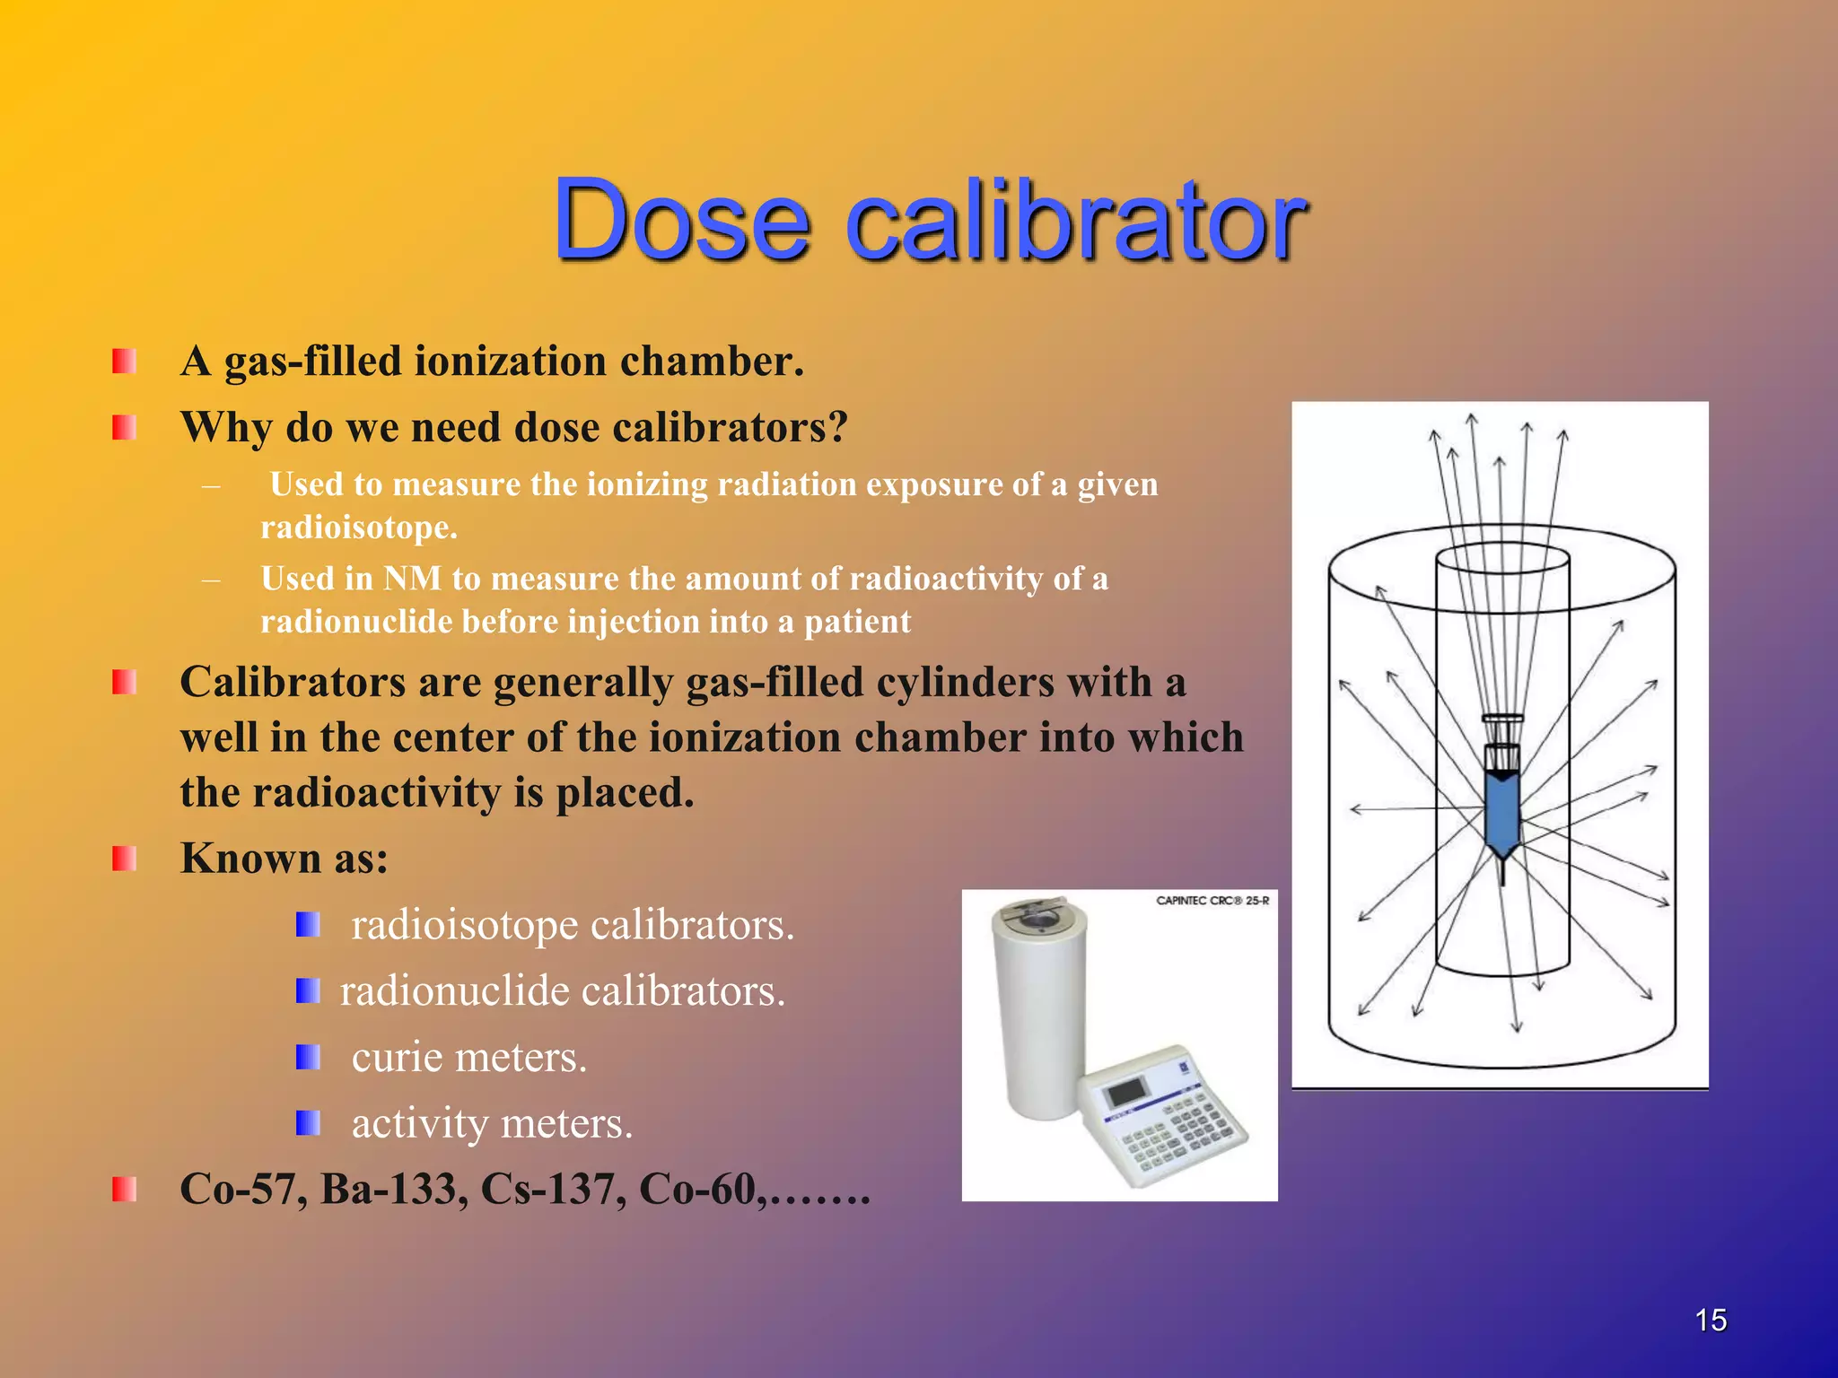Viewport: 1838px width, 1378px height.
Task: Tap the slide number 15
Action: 1711,1321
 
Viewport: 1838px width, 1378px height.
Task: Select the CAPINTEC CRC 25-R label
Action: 1212,901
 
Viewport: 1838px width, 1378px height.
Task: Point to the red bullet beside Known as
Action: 124,859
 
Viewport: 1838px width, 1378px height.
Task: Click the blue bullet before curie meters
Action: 308,1058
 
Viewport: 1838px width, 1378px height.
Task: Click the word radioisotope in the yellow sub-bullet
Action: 358,528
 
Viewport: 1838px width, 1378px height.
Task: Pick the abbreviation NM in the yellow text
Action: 412,579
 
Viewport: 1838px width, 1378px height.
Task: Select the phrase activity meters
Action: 492,1123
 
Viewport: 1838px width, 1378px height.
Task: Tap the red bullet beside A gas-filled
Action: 124,362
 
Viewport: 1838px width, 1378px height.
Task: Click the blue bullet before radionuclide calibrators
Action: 308,991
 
